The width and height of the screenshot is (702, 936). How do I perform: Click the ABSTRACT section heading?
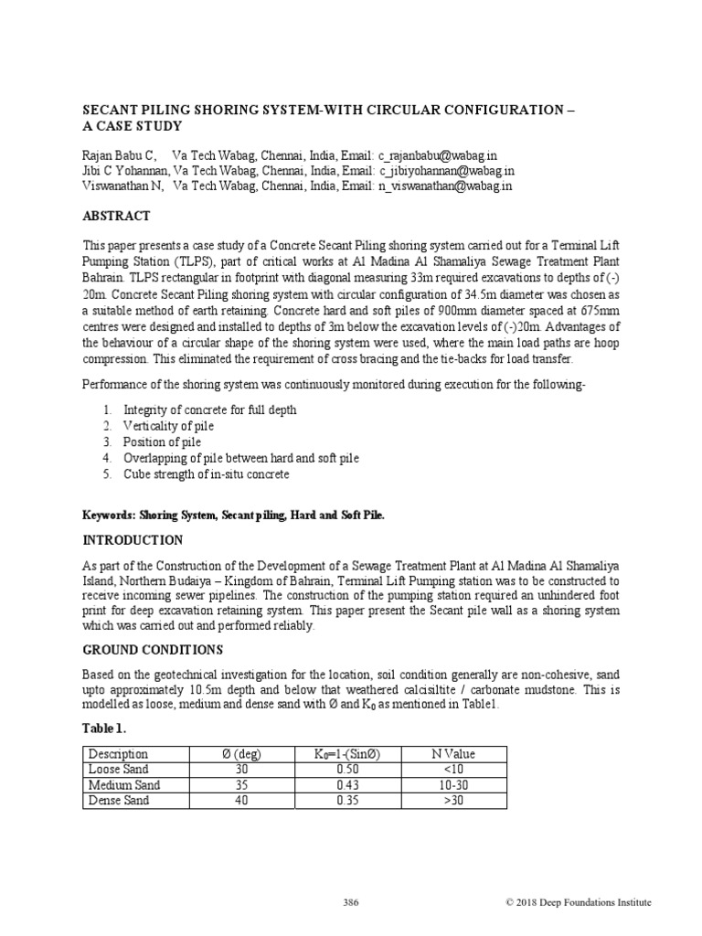[116, 217]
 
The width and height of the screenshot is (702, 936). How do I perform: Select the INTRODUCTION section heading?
[133, 540]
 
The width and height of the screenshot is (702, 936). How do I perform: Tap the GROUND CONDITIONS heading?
[152, 650]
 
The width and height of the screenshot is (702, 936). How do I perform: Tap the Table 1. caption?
[105, 729]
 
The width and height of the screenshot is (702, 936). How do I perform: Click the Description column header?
[118, 754]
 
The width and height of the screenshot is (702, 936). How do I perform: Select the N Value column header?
[453, 754]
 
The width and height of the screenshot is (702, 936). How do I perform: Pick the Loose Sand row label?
[119, 770]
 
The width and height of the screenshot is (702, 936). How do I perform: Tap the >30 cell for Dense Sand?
[453, 801]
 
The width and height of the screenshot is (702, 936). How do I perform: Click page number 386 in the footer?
[351, 903]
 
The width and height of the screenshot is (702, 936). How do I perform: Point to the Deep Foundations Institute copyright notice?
[579, 903]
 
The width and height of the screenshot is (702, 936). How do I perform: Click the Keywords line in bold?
[234, 516]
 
